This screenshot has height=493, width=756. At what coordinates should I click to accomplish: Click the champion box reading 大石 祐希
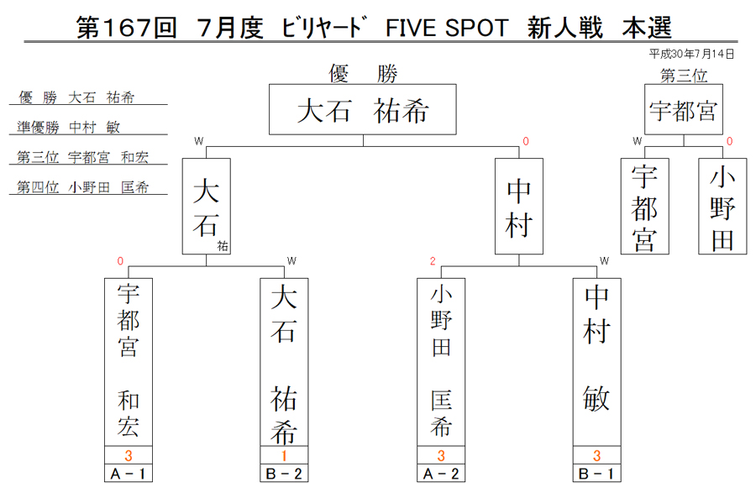coord(363,109)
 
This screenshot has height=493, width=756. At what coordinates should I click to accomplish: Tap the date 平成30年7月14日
coord(691,54)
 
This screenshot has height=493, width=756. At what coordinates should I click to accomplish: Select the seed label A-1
coord(129,474)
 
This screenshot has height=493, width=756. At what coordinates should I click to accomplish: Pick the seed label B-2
coord(284,474)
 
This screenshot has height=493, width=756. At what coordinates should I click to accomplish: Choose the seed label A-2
coord(441,474)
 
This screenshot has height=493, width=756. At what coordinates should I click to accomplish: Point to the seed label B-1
coord(596,474)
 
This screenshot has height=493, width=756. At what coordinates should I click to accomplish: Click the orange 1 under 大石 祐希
coord(284,455)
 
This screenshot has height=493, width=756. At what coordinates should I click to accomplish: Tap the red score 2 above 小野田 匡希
coord(433,261)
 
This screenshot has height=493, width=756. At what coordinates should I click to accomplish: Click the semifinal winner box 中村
coord(519,207)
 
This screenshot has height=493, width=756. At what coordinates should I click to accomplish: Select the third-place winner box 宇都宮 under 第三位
coord(684,109)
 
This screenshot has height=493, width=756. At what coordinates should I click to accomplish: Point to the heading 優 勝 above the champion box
coord(363,74)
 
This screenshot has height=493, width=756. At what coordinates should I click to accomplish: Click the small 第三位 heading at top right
coord(684,76)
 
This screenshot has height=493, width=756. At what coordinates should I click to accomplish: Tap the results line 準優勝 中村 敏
coord(69,127)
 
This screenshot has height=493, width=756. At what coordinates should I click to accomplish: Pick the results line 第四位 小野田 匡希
coord(83,187)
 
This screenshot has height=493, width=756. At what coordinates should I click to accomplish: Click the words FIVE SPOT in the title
coord(447,28)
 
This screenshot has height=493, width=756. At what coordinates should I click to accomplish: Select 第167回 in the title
coord(126,28)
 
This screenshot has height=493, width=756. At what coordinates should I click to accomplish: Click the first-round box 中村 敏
coord(596,362)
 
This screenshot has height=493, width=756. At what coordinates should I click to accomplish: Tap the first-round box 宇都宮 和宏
coord(129,362)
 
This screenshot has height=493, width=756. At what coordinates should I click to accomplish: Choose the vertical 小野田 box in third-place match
coord(722,207)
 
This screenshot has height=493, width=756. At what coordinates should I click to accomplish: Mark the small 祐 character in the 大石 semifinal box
coord(223,246)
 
